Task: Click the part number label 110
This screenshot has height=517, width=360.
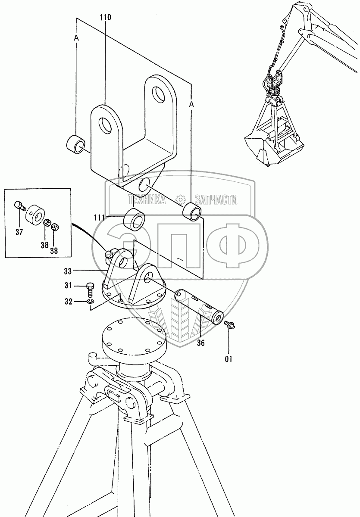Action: pos(105,18)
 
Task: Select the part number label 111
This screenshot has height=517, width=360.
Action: pos(99,218)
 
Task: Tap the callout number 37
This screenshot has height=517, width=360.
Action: pos(19,233)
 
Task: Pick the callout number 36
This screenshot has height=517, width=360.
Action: pos(201,343)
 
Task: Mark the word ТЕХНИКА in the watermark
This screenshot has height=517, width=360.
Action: pos(146,199)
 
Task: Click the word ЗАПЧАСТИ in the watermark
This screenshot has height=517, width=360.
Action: pos(216,199)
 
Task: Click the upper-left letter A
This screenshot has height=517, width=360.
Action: pos(76,38)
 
